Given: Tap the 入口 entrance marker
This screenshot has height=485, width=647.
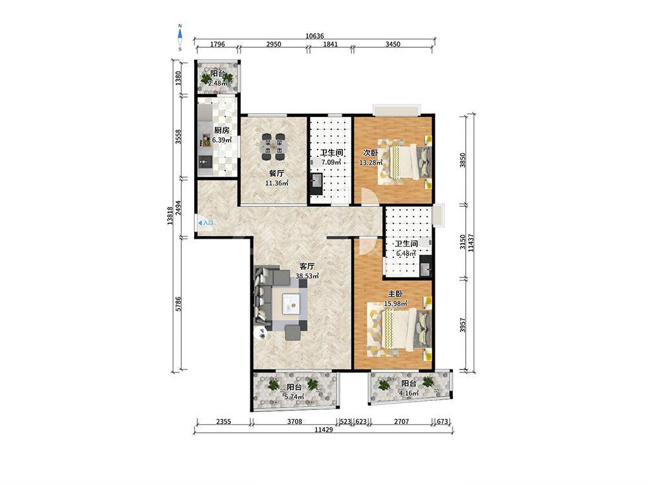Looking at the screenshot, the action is click(206, 223).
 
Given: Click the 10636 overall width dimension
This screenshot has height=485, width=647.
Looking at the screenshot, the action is click(315, 36).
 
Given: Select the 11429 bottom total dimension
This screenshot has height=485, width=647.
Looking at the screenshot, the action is click(323, 429).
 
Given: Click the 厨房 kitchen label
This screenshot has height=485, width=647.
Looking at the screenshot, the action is click(221, 131).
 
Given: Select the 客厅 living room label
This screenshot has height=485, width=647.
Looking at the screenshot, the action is click(307, 266).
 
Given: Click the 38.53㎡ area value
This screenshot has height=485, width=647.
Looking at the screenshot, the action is click(307, 276).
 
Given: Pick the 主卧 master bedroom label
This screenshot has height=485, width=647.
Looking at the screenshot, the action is click(395, 294).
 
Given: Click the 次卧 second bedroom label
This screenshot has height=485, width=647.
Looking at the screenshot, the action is click(370, 153).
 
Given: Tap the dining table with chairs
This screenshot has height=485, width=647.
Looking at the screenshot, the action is click(273, 146).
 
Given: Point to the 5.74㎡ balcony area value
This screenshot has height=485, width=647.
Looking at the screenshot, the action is click(294, 397).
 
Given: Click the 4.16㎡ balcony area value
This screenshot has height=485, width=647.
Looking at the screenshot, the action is click(409, 393).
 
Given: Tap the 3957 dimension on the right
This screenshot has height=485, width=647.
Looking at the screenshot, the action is click(463, 326).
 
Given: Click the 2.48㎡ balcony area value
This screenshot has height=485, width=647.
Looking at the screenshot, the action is click(217, 83).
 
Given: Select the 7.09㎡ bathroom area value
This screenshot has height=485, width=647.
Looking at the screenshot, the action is click(331, 162).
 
